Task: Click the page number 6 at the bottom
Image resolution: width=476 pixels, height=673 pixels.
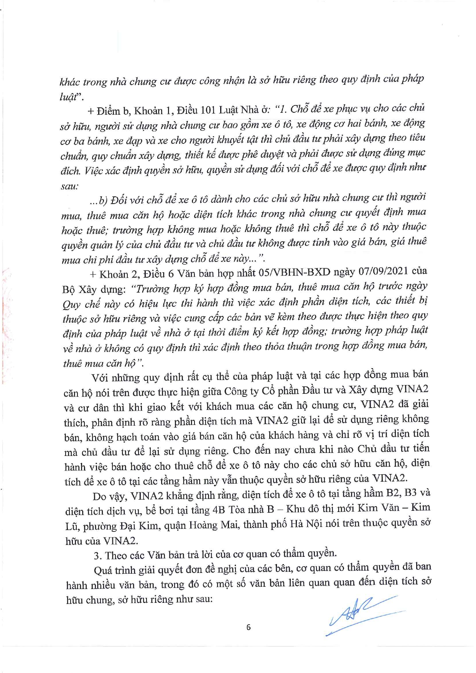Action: pyautogui.click(x=249, y=627)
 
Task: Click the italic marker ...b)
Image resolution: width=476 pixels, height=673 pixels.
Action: pyautogui.click(x=97, y=200)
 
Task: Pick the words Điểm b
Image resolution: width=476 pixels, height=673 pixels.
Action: pyautogui.click(x=114, y=111)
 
